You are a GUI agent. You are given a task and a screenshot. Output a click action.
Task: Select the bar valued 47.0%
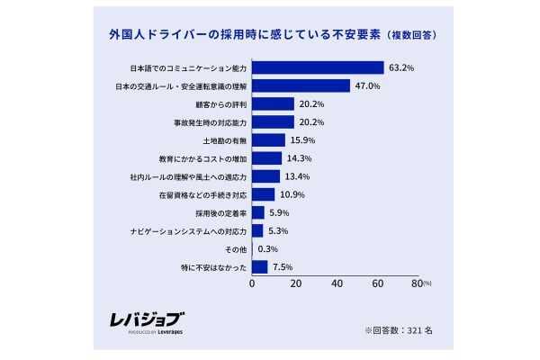point(301,85)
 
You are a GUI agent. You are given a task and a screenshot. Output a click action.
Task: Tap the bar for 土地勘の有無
point(268,139)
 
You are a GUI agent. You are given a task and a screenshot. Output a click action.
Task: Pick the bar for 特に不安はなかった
point(259,266)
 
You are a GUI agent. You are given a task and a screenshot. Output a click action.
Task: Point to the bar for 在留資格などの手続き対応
point(263,194)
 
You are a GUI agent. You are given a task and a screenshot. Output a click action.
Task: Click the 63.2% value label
point(401,67)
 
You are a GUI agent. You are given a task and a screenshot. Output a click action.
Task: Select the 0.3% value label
point(267,248)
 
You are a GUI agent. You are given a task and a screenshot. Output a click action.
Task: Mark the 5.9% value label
point(281,212)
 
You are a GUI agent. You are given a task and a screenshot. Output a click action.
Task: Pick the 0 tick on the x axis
point(251,283)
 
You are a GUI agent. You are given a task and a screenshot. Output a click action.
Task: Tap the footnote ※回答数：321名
point(399,329)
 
